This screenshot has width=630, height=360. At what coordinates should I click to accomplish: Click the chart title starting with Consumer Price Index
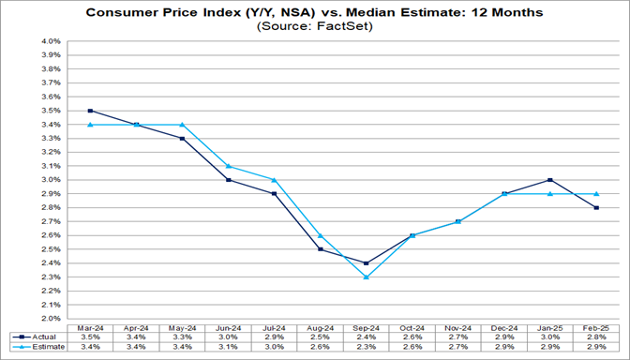pos(315,13)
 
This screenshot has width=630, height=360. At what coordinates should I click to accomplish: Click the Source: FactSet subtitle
pos(315,27)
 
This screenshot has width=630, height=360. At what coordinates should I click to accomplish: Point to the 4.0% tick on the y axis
pos(50,41)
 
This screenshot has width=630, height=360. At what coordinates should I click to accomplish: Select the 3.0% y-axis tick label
pos(50,180)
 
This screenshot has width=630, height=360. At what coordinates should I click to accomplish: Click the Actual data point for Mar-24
pos(90,111)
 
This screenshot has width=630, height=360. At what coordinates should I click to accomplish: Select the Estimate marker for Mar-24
pos(90,125)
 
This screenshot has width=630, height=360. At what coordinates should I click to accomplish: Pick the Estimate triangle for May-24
pos(182,125)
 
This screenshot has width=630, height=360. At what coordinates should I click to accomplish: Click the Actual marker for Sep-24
pos(366,263)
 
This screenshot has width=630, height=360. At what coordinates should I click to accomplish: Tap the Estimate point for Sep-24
pos(366,277)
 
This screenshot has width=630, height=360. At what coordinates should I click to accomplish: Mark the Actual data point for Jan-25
pos(549,180)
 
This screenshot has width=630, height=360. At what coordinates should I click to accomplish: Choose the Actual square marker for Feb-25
pos(595,208)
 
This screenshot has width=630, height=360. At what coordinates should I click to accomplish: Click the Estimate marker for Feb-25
pos(595,194)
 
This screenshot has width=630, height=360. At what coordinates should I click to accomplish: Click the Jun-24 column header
pos(228,325)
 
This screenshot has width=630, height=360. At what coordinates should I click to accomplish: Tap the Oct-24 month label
pos(412,325)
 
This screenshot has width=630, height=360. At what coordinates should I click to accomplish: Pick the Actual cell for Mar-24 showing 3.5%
pos(90,336)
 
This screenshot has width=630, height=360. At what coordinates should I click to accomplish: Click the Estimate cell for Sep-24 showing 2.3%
pos(366,347)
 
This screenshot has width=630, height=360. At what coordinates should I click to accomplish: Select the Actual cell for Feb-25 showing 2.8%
pos(595,336)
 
